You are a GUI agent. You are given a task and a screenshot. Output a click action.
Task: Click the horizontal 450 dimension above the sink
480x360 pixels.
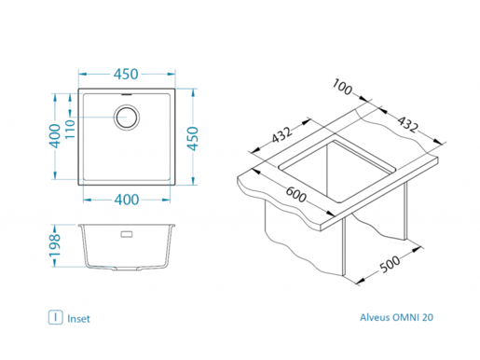(127, 75)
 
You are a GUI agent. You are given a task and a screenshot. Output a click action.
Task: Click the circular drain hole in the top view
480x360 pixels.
(127, 118)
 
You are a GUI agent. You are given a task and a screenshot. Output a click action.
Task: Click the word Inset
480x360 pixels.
(79, 318)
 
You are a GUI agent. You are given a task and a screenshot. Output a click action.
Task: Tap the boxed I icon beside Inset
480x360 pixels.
(57, 318)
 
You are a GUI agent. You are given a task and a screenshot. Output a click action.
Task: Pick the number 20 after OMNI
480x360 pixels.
(428, 318)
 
